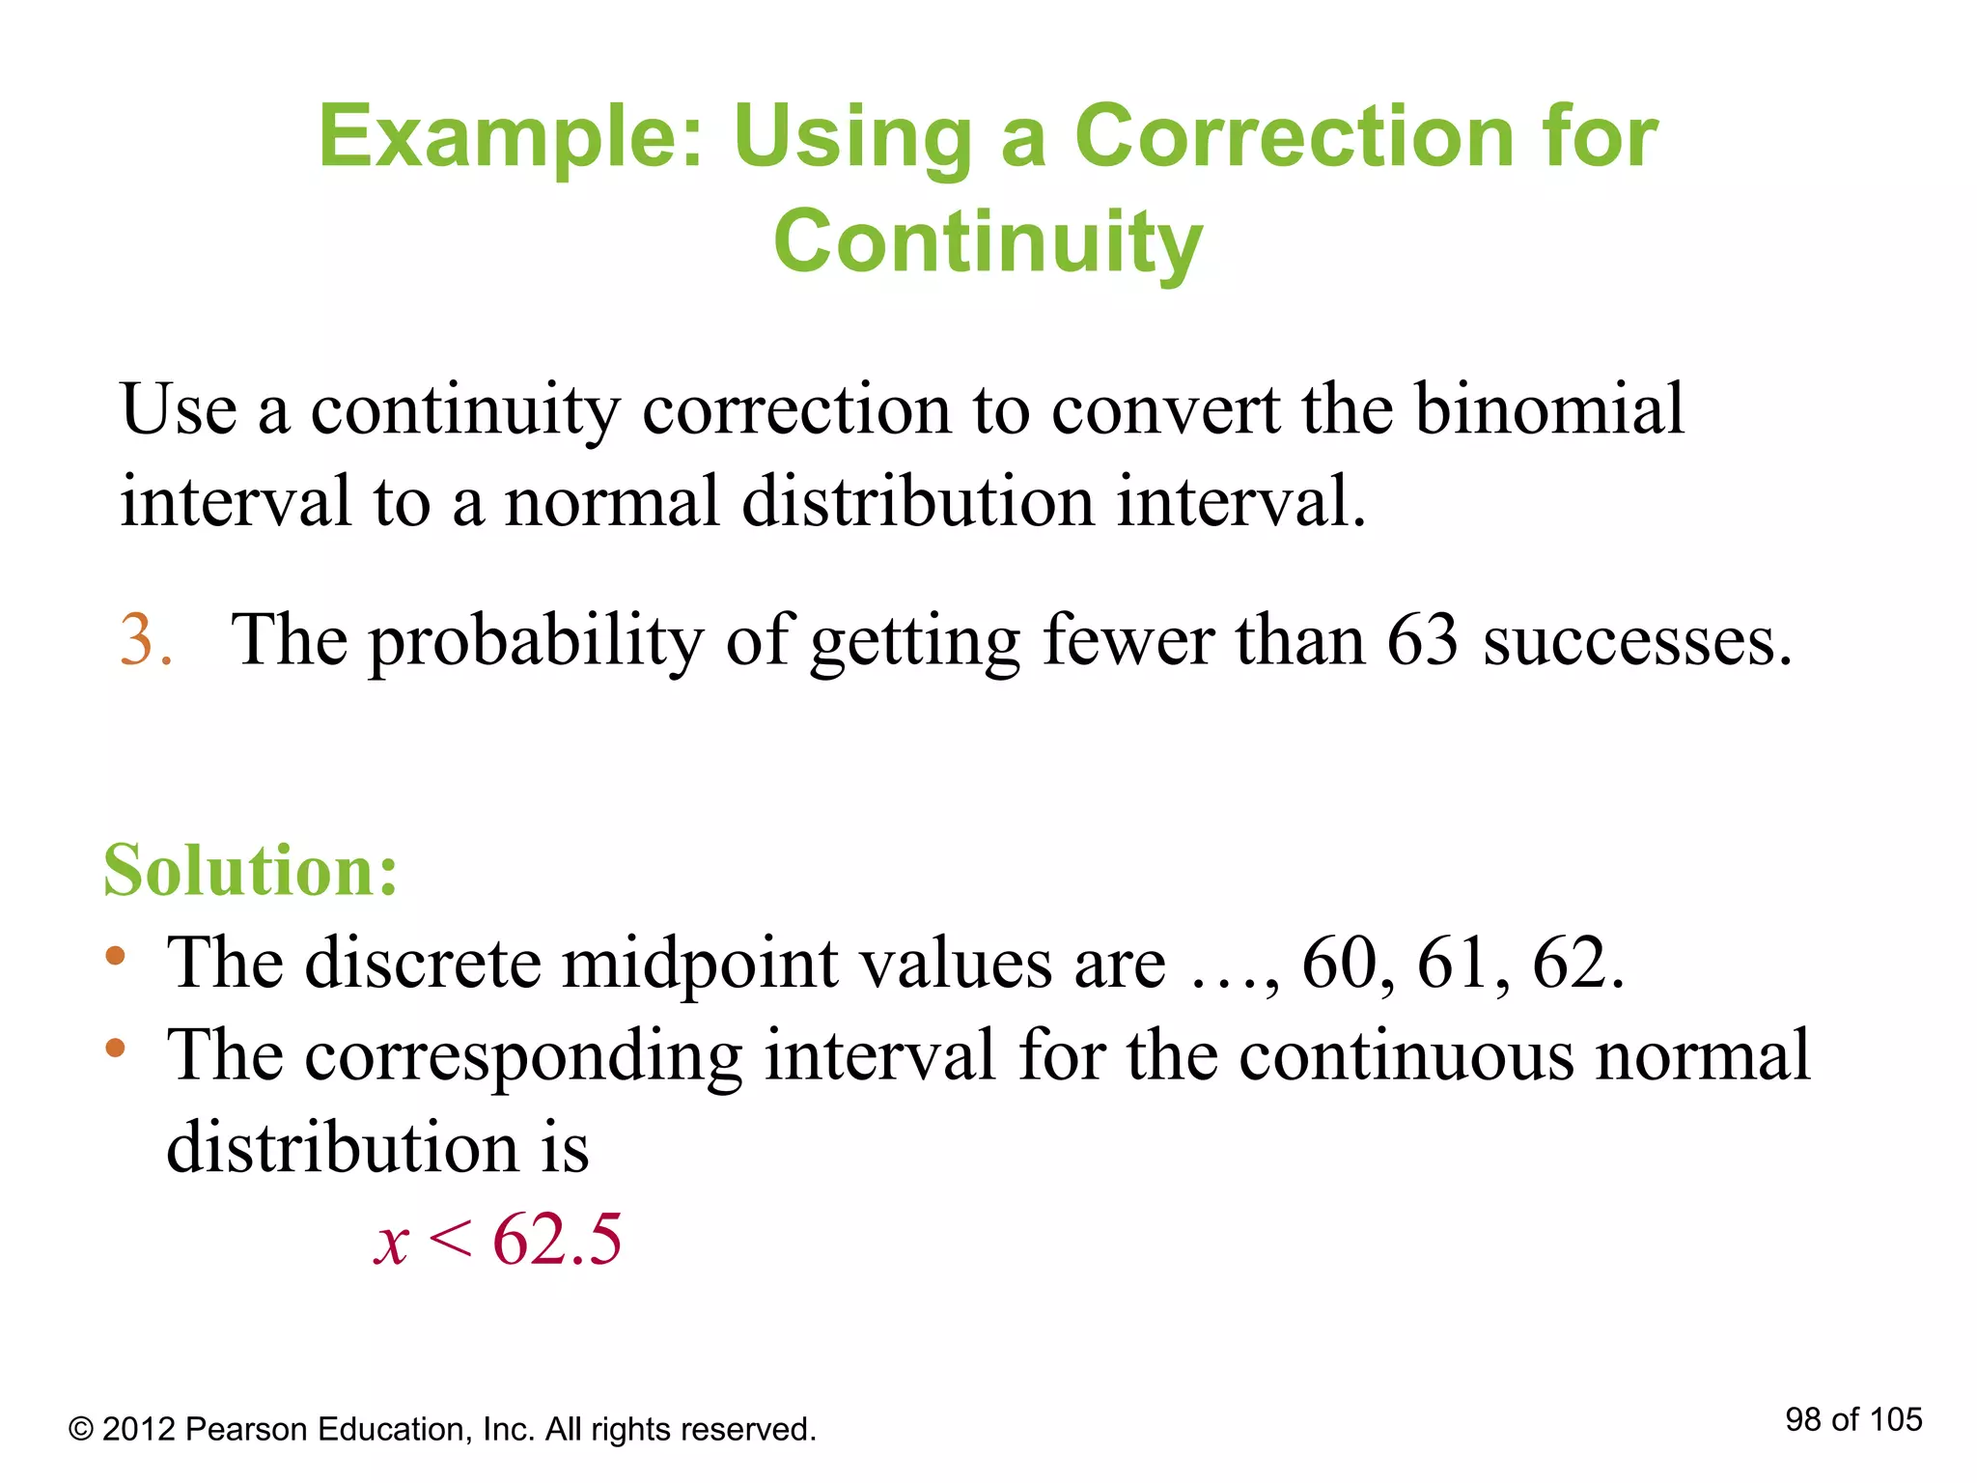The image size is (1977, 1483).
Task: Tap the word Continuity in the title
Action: [x=988, y=241]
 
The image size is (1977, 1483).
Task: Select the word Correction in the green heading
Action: [x=1295, y=137]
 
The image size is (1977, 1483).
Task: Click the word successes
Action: [x=1636, y=641]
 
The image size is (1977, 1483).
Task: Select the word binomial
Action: [x=1549, y=409]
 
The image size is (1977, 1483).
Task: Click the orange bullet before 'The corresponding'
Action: [x=116, y=1048]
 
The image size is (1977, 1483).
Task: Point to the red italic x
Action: [x=392, y=1243]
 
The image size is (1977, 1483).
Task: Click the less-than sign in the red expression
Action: [x=450, y=1239]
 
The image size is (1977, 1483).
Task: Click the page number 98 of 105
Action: [x=1853, y=1419]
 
